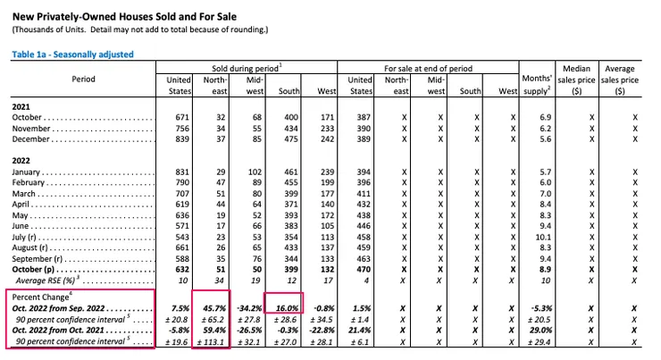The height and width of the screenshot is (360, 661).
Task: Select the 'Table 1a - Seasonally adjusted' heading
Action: click(72, 54)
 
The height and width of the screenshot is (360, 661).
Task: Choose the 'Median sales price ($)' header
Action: click(582, 80)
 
